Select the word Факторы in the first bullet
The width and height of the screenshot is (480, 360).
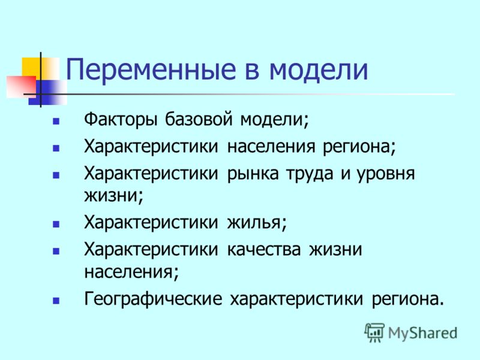coord(121,120)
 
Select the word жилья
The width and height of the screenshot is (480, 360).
coord(257,222)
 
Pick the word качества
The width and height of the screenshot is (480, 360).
coord(264,250)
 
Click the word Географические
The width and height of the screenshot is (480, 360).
coord(153,299)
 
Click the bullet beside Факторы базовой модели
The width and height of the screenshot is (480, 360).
coord(56,122)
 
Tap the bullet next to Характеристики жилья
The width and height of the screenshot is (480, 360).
coord(56,224)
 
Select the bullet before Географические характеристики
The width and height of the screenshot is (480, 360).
coord(56,301)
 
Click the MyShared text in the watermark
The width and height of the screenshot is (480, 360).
coord(423,333)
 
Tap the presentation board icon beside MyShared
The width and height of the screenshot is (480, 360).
coord(374,332)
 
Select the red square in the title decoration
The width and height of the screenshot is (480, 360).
coord(21,87)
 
